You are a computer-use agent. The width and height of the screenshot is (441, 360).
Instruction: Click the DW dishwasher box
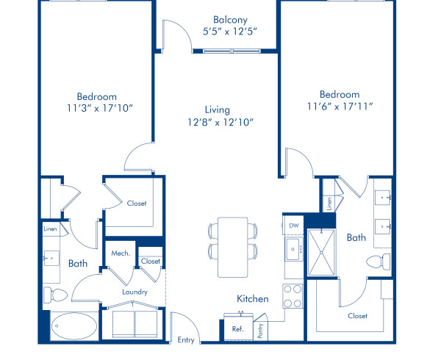pyautogui.click(x=293, y=226)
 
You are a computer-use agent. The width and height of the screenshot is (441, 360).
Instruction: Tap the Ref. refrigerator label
pyautogui.click(x=237, y=329)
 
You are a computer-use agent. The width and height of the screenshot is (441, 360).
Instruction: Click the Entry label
pyautogui.click(x=187, y=340)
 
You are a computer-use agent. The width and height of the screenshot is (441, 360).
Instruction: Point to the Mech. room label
pyautogui.click(x=121, y=253)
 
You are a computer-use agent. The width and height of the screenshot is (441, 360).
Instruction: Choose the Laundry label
pyautogui.click(x=135, y=292)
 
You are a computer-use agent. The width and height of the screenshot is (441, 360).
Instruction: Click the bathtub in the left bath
pyautogui.click(x=73, y=326)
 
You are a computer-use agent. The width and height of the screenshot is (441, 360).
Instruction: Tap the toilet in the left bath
pyautogui.click(x=55, y=295)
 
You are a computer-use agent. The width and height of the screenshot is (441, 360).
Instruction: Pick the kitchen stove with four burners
pyautogui.click(x=293, y=295)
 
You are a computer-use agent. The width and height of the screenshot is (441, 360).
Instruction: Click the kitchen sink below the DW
pyautogui.click(x=293, y=249)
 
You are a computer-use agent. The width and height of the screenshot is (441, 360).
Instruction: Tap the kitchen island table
pyautogui.click(x=234, y=247)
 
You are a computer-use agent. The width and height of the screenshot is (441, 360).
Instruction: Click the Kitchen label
pyautogui.click(x=252, y=299)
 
